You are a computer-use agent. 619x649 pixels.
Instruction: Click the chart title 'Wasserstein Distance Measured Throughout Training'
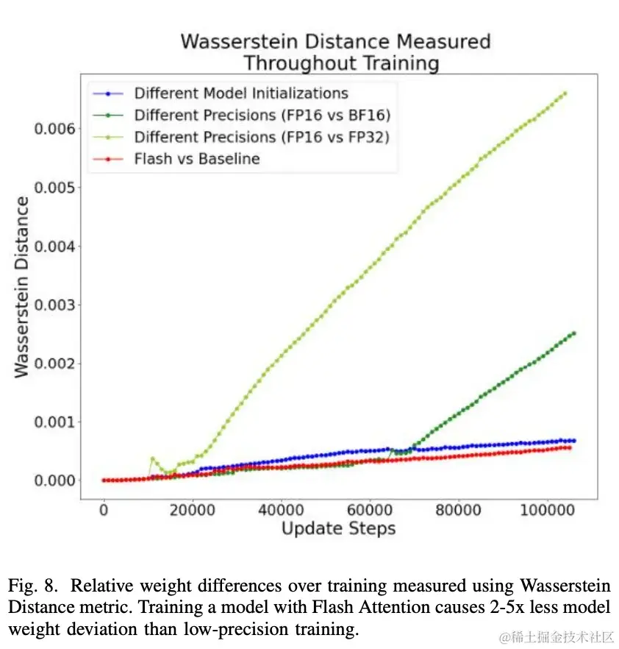(335, 52)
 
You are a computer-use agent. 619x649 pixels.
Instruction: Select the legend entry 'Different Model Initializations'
(240, 93)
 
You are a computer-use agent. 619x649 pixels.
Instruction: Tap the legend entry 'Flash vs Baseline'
(196, 158)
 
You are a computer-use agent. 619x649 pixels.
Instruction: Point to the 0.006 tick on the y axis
(54, 130)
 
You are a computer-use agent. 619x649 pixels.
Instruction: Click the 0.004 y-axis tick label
(54, 247)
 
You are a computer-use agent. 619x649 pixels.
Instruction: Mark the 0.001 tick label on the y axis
(54, 422)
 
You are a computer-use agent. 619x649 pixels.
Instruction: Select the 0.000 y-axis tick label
(54, 480)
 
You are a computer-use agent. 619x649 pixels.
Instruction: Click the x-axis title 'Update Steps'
(338, 528)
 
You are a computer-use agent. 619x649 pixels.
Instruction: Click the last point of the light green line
(565, 93)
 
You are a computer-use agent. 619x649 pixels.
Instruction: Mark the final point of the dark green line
(573, 333)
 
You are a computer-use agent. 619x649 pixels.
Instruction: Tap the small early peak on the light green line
(153, 459)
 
